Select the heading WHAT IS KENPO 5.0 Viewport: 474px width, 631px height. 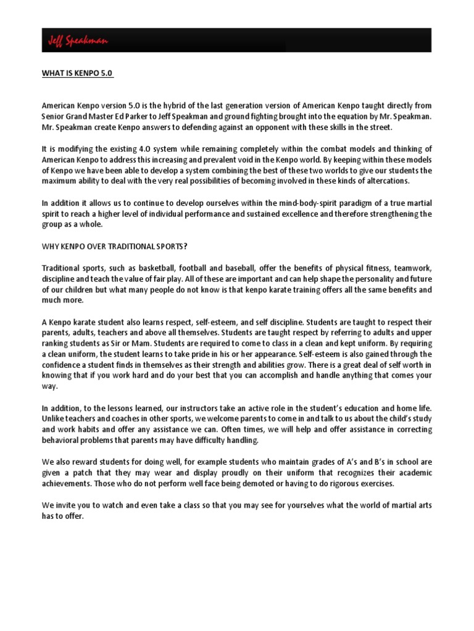pos(77,74)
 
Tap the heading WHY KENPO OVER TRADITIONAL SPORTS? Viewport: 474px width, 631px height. pos(114,246)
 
